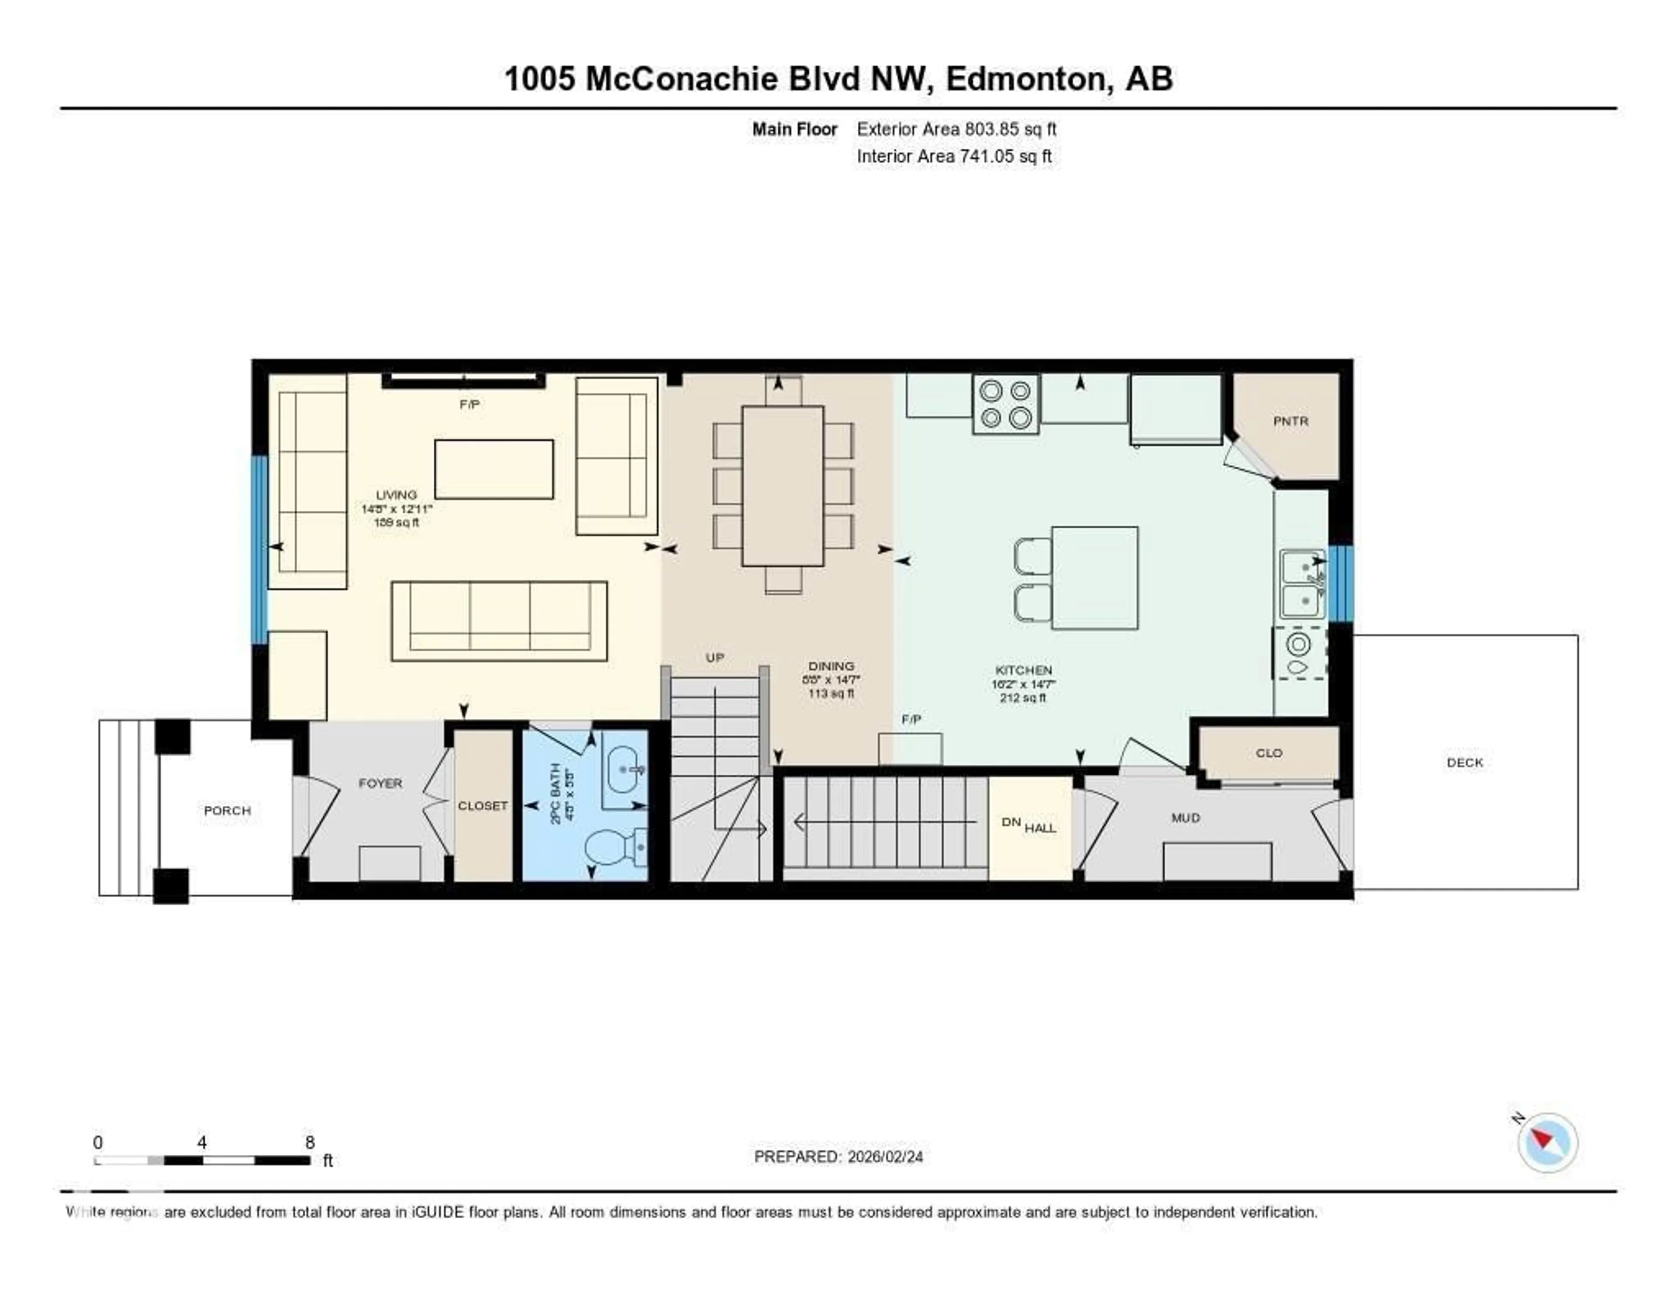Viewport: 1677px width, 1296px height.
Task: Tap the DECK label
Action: coord(1464,762)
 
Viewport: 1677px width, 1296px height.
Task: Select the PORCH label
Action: coord(227,811)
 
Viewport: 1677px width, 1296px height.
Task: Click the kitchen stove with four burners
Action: coord(1006,404)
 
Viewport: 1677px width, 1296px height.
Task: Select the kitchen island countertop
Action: coord(1094,578)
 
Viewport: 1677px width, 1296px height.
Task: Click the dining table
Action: coord(783,486)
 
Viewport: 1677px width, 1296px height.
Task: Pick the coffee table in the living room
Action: coord(494,468)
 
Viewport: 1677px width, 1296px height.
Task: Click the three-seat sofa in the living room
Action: coord(499,621)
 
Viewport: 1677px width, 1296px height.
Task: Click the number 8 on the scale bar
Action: coord(310,1142)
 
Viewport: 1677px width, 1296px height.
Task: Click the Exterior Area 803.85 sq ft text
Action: coord(956,129)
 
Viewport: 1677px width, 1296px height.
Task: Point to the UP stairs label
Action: coord(714,658)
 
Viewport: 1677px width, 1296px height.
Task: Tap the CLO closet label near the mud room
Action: coord(1269,753)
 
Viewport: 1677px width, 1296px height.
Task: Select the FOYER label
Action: coord(380,783)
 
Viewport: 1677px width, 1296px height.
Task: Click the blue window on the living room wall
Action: coord(259,549)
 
